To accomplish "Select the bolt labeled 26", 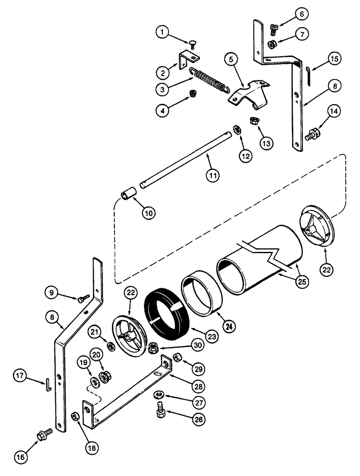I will [x=160, y=411].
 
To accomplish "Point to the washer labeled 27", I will [x=158, y=395].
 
